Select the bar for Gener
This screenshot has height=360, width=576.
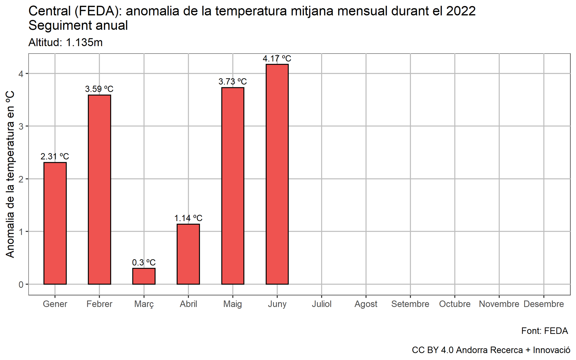[x=55, y=223]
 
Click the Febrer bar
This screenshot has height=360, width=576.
[x=99, y=190]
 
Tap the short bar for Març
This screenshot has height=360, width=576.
[x=144, y=276]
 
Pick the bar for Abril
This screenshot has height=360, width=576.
[x=188, y=254]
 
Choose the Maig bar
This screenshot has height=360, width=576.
[x=233, y=186]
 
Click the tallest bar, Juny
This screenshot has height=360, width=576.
[x=277, y=174]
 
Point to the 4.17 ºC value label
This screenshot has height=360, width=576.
[x=277, y=59]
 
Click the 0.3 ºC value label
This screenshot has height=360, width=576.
[x=144, y=262]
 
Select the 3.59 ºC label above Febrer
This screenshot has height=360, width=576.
[x=99, y=89]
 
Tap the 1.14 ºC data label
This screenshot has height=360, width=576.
[x=188, y=218]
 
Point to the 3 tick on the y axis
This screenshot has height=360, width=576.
[x=21, y=126]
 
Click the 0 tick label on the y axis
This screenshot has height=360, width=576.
[x=21, y=285]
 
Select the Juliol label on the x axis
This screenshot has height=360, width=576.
[x=321, y=304]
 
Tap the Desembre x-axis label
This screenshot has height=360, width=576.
[x=543, y=304]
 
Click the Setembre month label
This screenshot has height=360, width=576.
[x=410, y=304]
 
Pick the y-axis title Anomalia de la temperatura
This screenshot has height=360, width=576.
[x=10, y=174]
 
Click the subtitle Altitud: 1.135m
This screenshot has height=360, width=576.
[x=65, y=43]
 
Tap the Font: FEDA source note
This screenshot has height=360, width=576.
[x=544, y=331]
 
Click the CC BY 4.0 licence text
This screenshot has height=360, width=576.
[x=491, y=350]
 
